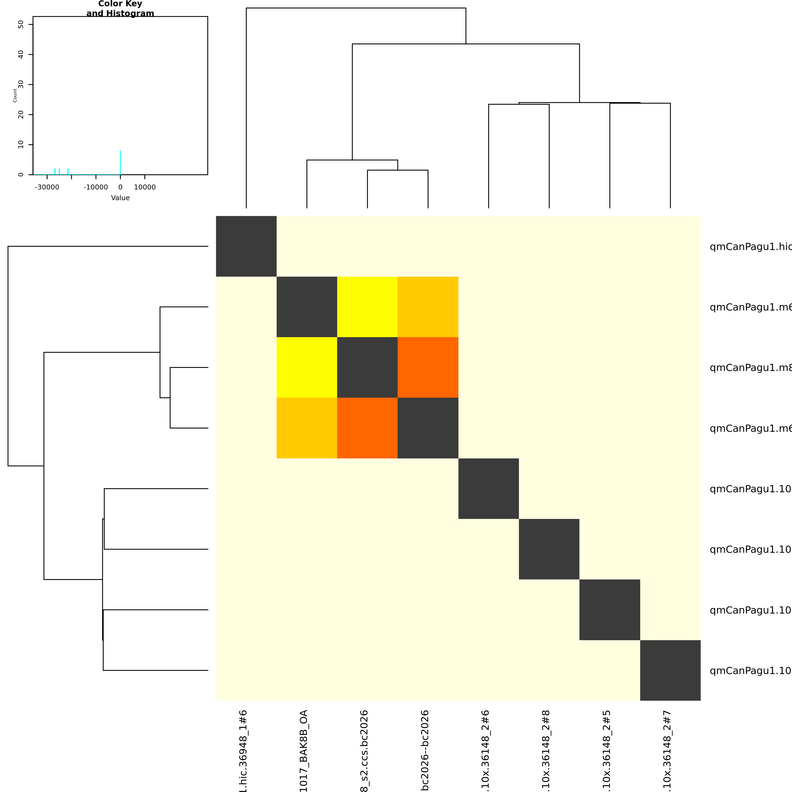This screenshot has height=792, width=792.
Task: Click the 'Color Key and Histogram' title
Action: tap(120, 9)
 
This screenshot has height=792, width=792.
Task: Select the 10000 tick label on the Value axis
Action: tap(145, 187)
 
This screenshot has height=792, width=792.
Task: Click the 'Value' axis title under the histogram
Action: tap(120, 198)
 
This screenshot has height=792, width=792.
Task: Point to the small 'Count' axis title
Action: tap(15, 95)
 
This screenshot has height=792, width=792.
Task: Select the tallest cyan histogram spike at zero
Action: tap(120, 162)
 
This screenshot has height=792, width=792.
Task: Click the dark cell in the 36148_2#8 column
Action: tap(549, 549)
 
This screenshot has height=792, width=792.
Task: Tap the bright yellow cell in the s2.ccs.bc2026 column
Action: tap(367, 307)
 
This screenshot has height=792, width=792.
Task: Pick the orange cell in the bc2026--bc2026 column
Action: tap(428, 367)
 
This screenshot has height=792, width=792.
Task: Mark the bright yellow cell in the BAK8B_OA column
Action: tap(307, 367)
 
